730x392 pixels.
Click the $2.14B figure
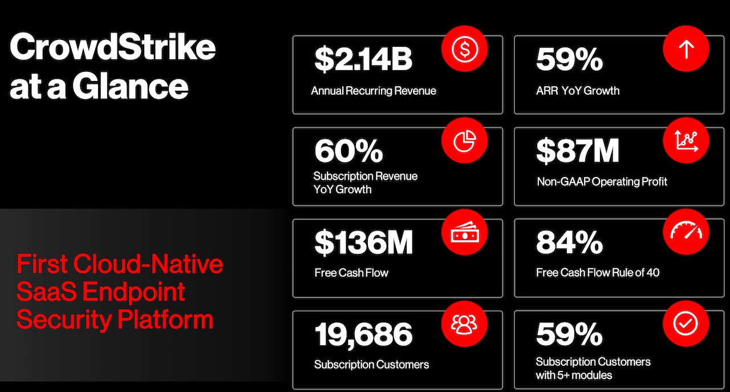tap(363, 59)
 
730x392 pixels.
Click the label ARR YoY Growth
tap(578, 91)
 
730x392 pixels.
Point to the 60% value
tap(348, 151)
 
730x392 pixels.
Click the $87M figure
tap(577, 151)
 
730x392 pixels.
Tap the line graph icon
tap(686, 141)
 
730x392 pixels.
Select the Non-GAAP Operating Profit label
tap(602, 182)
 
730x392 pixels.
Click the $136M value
tap(363, 243)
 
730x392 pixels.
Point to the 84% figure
tap(569, 243)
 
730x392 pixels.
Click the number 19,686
tap(363, 334)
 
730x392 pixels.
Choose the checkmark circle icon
tap(686, 324)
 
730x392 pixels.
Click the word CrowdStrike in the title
tap(113, 47)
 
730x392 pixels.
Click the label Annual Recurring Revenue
tap(374, 91)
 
